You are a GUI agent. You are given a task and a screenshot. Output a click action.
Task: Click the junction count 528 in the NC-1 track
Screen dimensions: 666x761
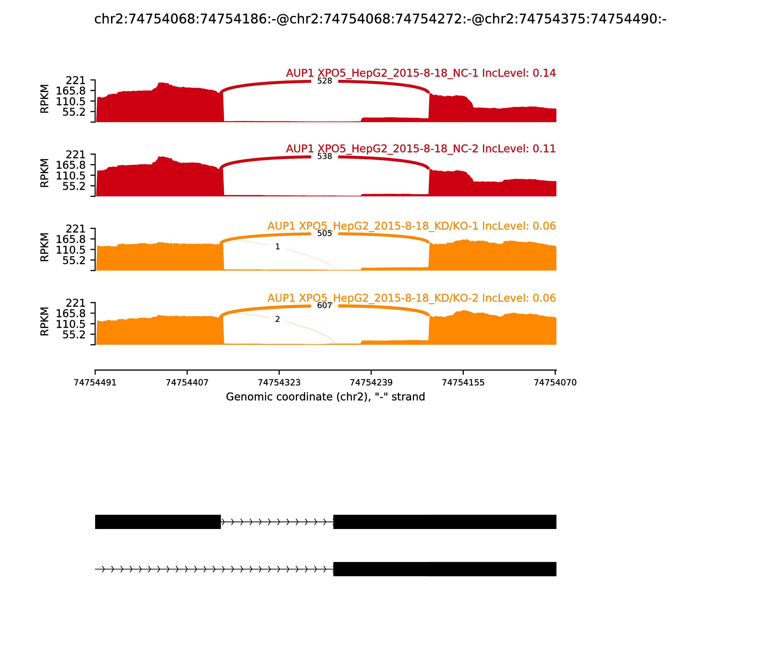click(x=324, y=81)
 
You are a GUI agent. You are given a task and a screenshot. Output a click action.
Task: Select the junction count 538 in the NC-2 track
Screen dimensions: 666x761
click(x=324, y=157)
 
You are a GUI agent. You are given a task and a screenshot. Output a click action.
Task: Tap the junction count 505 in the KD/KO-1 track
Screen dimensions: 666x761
click(x=324, y=233)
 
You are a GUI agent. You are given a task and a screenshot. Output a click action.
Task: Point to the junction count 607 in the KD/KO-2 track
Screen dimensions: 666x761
click(x=324, y=305)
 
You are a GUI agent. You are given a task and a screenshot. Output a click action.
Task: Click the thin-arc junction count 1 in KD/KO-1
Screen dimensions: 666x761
click(x=278, y=247)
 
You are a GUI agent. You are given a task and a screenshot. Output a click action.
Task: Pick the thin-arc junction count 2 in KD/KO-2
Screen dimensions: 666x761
click(x=278, y=319)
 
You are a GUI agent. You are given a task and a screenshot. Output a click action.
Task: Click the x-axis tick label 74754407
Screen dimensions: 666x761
click(x=187, y=382)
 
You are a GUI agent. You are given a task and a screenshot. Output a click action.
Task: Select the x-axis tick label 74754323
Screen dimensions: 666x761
click(x=279, y=382)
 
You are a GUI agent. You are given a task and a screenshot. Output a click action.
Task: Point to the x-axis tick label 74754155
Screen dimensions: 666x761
click(x=463, y=382)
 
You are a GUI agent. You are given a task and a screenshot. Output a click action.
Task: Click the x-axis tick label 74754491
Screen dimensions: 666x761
click(x=95, y=382)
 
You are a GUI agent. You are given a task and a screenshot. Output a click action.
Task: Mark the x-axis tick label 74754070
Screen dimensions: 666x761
click(x=555, y=382)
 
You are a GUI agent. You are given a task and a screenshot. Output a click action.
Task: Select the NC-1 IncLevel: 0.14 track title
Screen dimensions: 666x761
click(x=421, y=73)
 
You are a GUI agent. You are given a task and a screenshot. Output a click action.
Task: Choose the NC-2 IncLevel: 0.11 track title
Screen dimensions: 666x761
click(x=421, y=149)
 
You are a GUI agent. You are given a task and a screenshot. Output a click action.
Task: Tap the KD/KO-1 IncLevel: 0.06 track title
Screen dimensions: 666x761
click(x=411, y=226)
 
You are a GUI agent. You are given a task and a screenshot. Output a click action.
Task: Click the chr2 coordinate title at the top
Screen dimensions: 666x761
click(x=380, y=19)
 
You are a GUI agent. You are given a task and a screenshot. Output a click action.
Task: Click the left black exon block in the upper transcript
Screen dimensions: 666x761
click(x=158, y=522)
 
